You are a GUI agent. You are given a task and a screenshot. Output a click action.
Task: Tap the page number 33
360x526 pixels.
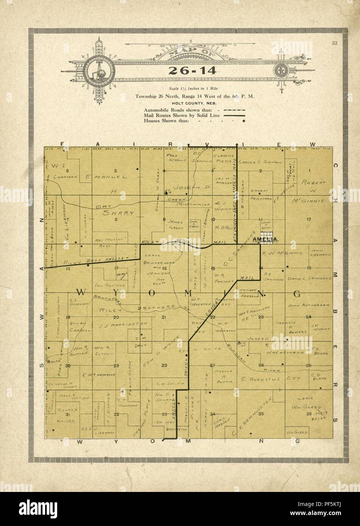pos(334,43)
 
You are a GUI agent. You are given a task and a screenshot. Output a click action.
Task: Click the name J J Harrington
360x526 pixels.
pos(122,325)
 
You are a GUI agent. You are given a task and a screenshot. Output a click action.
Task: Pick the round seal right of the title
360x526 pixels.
pos(281,70)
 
